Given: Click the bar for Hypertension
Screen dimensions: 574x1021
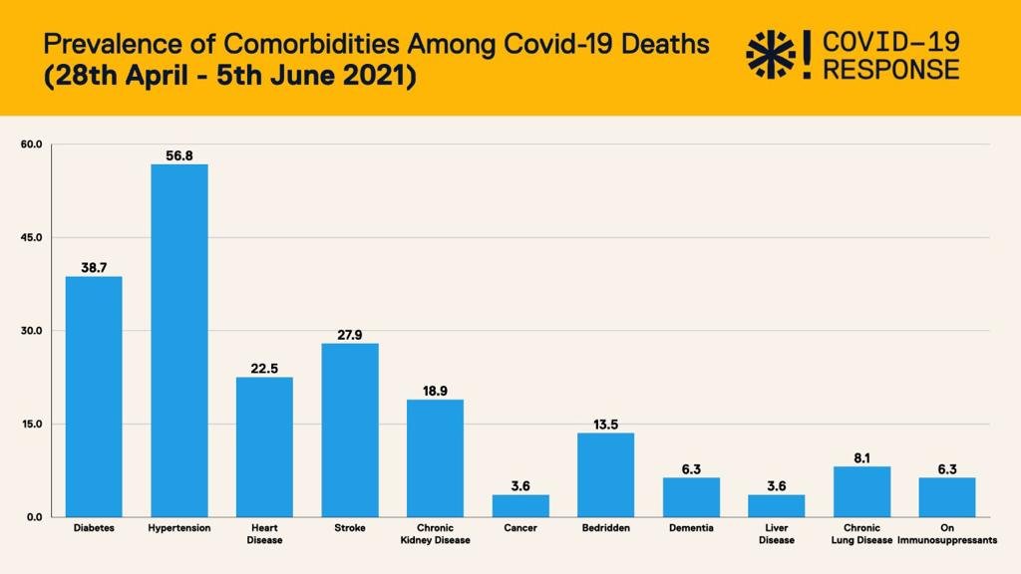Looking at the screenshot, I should pos(179,340).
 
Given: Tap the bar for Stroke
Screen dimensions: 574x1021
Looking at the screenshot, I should pos(350,430).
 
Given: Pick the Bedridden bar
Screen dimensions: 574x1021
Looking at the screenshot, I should pos(605,474).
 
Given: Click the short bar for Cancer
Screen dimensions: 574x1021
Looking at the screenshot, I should pos(520,505).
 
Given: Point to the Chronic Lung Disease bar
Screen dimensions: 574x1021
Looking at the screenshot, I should pos(861,491).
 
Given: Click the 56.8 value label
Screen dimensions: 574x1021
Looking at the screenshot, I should pos(179,155).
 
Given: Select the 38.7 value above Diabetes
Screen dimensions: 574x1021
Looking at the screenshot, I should pos(94,268).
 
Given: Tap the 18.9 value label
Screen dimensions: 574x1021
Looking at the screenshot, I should pos(435,391).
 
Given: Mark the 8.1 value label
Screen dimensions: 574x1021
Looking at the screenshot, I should pos(861,457).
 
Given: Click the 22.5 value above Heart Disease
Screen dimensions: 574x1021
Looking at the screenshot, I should pos(264,369).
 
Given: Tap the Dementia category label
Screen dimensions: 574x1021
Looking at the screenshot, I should pos(691,528).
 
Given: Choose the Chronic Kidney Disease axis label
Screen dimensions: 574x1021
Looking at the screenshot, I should pos(435,534).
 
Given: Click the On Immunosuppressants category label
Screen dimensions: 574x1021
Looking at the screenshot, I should pos(947,534).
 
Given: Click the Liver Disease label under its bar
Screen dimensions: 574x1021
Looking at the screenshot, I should pos(776,534).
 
